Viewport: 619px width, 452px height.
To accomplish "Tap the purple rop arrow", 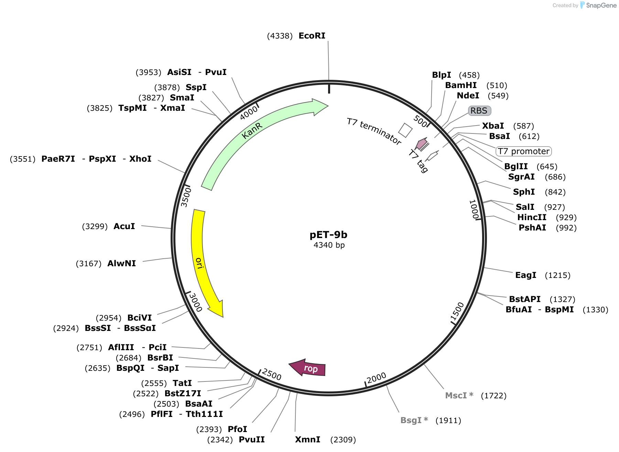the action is pos(308,368).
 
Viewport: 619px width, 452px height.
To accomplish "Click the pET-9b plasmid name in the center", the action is pos(328,235).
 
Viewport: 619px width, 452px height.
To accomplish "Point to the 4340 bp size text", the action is pos(329,245).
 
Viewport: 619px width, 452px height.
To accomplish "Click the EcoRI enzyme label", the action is pos(312,36).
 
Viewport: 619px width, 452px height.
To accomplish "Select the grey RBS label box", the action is pos(479,110).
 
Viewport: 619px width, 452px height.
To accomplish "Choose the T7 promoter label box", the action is pos(523,151).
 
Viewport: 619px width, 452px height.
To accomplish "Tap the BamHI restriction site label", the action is pos(461,85).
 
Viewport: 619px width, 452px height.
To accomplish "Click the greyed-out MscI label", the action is pos(459,396).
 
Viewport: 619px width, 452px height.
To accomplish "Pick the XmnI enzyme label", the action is pos(308,440).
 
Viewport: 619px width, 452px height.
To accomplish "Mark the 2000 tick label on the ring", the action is pos(377,378).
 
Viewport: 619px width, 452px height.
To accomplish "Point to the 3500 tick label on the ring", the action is pos(186,197).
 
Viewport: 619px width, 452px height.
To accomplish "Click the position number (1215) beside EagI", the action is pos(557,275).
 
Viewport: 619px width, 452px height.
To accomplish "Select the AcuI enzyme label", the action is pos(124,226).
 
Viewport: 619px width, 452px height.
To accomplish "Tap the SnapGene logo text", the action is pos(601,5).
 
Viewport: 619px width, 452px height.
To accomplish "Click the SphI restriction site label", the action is pos(524,192).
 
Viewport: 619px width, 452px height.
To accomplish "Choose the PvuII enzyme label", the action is pos(252,440).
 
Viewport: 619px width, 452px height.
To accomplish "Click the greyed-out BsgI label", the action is pos(414,420).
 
